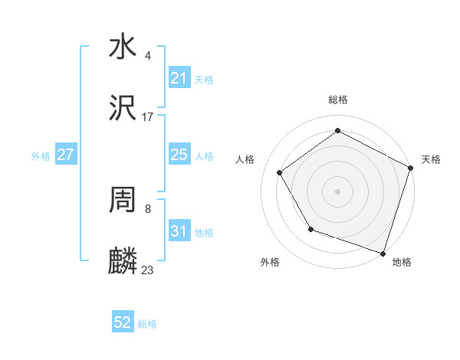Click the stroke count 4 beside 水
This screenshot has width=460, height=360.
pos(147,56)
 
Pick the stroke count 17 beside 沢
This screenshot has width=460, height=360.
pos(147,117)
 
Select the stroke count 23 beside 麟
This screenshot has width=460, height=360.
pos(147,270)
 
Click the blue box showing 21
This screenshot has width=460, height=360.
pos(179,78)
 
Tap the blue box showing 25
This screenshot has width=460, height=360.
pos(179,155)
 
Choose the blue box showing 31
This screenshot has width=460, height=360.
pos(179,231)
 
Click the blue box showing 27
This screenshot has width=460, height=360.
pos(65,155)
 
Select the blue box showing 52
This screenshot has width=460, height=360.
pos(122,322)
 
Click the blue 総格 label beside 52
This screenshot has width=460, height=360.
pos(147,324)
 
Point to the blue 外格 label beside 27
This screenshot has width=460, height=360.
pos(41,156)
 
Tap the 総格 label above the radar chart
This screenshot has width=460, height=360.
pos(337,100)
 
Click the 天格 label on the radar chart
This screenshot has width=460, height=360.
pos(431,159)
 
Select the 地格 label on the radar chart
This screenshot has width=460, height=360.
pos(402,263)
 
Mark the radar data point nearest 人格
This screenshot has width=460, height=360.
pos(280,172)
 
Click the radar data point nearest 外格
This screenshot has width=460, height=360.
pos(310,229)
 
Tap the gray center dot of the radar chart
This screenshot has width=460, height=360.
pos(337,191)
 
